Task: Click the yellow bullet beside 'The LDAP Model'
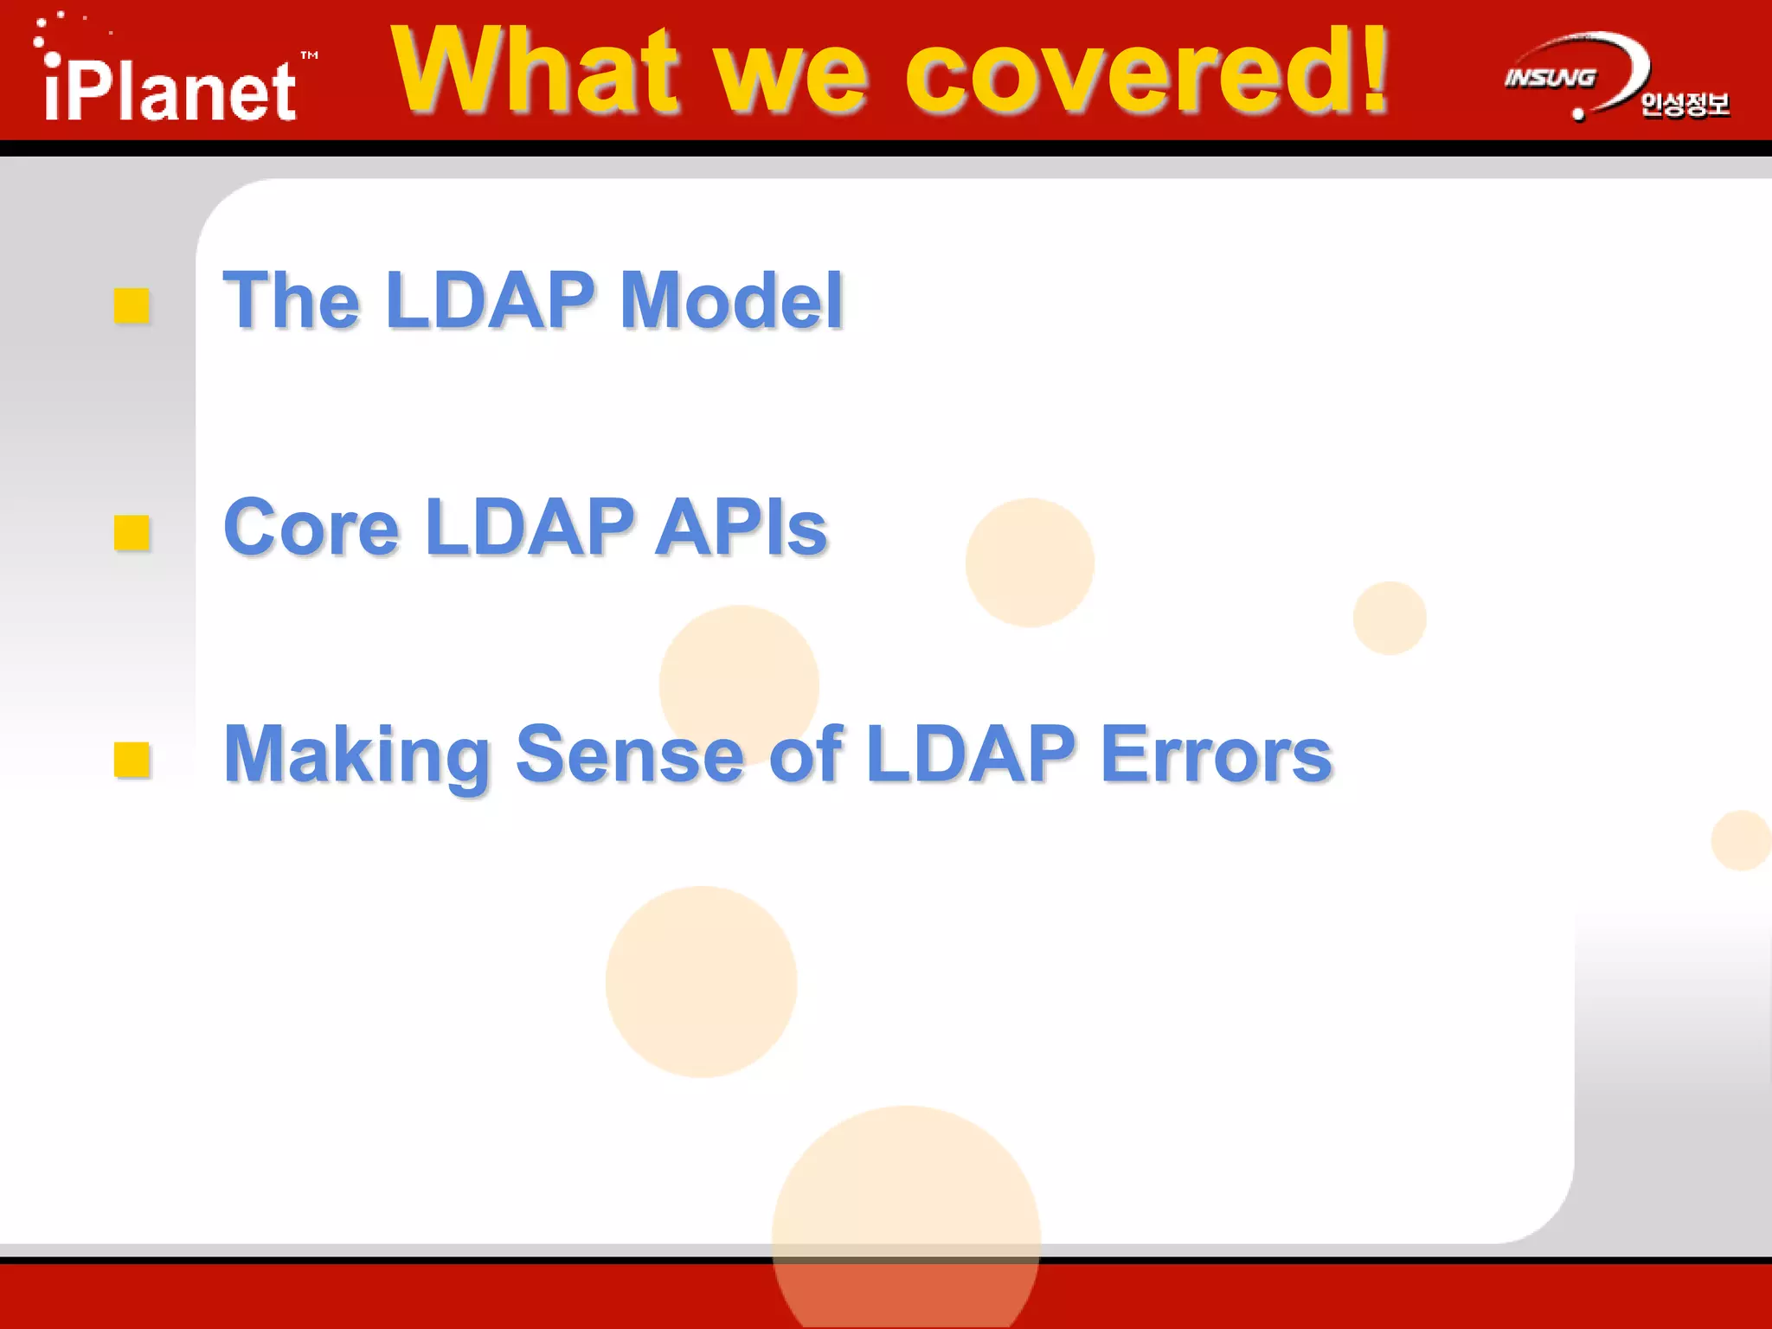(132, 305)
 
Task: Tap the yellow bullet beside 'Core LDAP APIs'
(132, 533)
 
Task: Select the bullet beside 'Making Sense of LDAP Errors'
(132, 760)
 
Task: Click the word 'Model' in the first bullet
(731, 300)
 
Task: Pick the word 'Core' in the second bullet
(311, 527)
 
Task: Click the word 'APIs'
(742, 527)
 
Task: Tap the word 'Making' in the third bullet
(357, 755)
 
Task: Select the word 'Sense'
(630, 754)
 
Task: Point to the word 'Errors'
(1216, 754)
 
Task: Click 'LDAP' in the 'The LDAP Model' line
(491, 300)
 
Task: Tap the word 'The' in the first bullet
(292, 300)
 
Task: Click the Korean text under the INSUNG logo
(1684, 105)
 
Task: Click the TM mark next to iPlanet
(309, 55)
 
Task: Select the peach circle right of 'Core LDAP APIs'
(1030, 562)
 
